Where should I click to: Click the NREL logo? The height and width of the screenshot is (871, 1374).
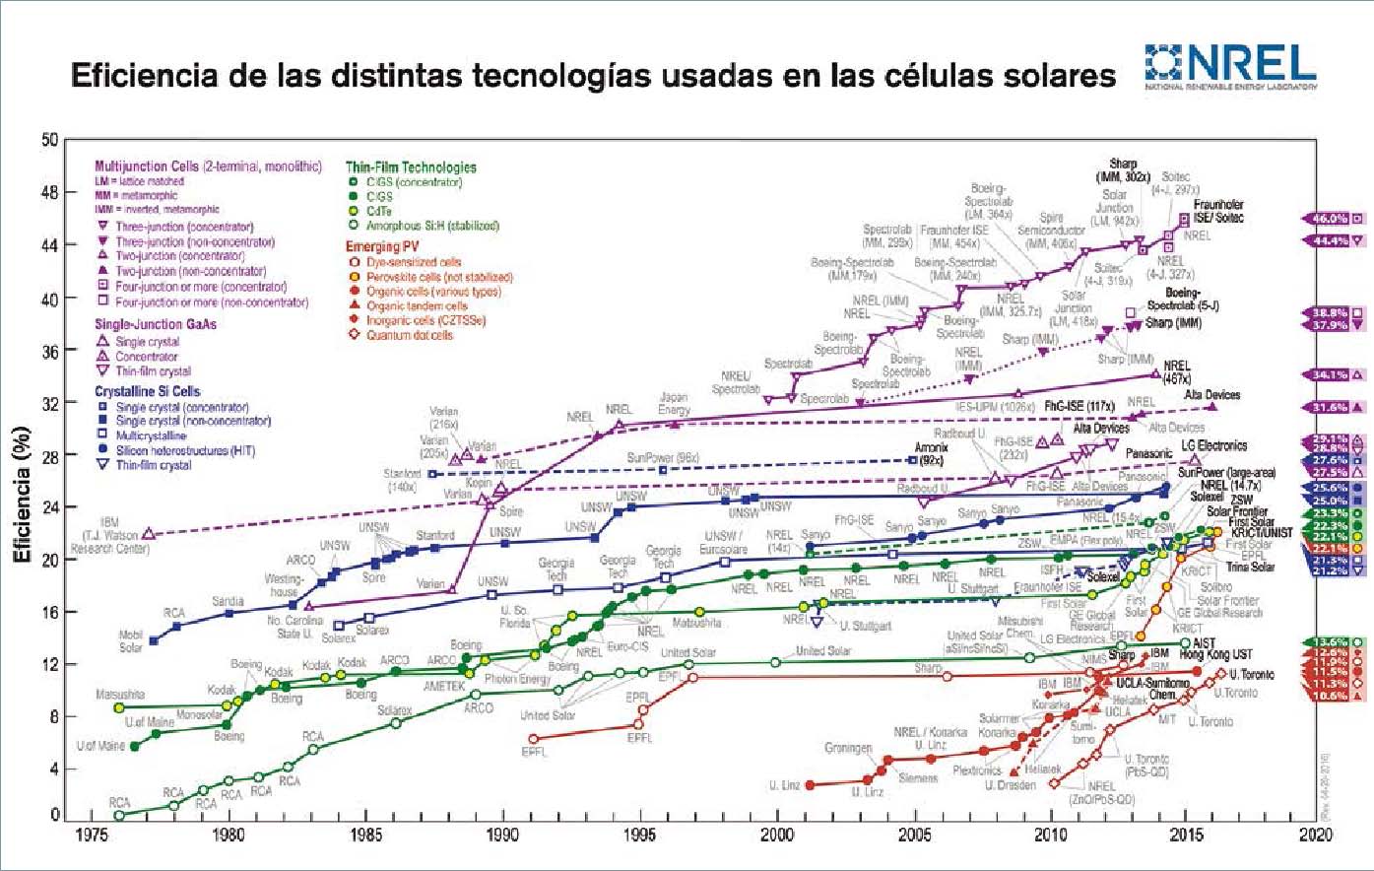pos(1230,66)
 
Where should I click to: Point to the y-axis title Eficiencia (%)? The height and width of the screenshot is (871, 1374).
pos(22,494)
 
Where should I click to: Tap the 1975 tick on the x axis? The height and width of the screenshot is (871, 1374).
pos(91,835)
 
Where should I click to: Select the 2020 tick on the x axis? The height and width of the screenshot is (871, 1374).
pos(1316,835)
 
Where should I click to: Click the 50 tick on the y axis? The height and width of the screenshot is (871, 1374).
pos(49,139)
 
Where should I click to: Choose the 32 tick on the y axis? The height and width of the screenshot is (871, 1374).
pos(49,403)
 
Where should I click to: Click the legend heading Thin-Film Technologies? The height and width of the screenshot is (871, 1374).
pos(411,167)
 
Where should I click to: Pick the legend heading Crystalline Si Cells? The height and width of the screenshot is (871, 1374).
pos(147,391)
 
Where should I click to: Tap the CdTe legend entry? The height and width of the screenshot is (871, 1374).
pos(378,211)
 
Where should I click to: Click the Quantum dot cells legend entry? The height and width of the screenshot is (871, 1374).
pos(409,335)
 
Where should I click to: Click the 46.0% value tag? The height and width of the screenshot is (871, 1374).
pos(1329,219)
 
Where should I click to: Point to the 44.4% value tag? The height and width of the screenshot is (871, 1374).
pos(1329,240)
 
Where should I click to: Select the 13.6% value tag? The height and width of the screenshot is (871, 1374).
pos(1329,642)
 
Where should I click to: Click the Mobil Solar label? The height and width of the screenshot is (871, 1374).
pos(130,641)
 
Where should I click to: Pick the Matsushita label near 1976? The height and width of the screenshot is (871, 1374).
pos(120,695)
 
